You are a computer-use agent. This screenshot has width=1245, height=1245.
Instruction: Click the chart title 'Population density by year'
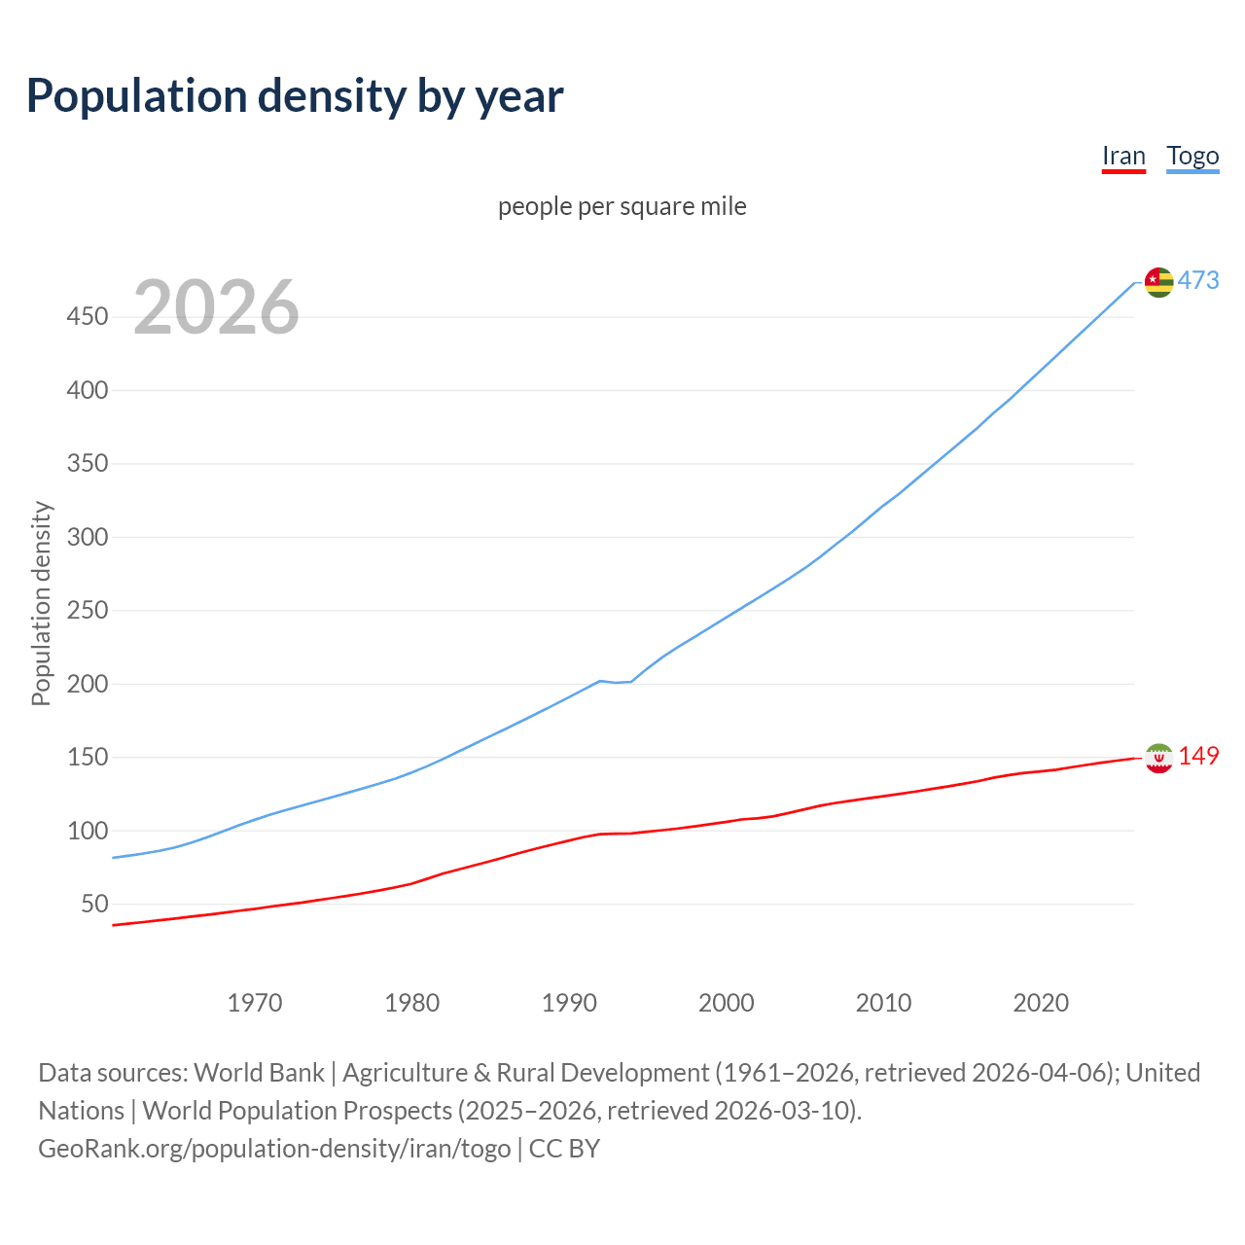tap(295, 96)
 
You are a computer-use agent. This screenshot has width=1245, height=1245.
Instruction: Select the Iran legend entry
tap(1123, 157)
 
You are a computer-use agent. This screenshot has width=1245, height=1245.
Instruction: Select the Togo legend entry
tap(1192, 157)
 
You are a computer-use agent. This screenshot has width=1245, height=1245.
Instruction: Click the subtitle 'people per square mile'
tap(622, 207)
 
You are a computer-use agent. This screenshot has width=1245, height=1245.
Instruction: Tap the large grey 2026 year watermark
tap(216, 307)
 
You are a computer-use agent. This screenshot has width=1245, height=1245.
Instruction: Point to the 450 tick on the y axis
tap(87, 317)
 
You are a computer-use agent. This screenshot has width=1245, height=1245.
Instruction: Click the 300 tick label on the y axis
tap(87, 537)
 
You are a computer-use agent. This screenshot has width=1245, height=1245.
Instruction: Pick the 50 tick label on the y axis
tap(94, 905)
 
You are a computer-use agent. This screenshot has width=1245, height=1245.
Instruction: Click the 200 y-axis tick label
tap(87, 684)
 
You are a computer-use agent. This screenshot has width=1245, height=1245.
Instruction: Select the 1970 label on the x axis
tap(255, 1003)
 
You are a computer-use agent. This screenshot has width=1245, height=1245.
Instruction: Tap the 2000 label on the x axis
tap(727, 1003)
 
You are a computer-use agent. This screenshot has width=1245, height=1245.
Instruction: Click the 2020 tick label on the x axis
tap(1041, 1003)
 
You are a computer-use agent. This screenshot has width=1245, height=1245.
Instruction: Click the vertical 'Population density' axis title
tap(41, 603)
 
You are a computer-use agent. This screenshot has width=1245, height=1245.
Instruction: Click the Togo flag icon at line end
tap(1158, 282)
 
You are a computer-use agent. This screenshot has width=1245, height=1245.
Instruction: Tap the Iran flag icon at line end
tap(1158, 758)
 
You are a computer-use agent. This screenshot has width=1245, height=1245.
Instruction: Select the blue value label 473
tap(1198, 281)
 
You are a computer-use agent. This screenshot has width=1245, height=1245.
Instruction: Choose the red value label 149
tap(1198, 757)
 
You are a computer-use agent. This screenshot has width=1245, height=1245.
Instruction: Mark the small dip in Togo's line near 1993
tap(616, 682)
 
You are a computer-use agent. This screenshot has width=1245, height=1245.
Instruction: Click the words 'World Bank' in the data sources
tap(259, 1073)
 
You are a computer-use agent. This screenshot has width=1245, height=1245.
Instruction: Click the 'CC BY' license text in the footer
tap(564, 1149)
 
